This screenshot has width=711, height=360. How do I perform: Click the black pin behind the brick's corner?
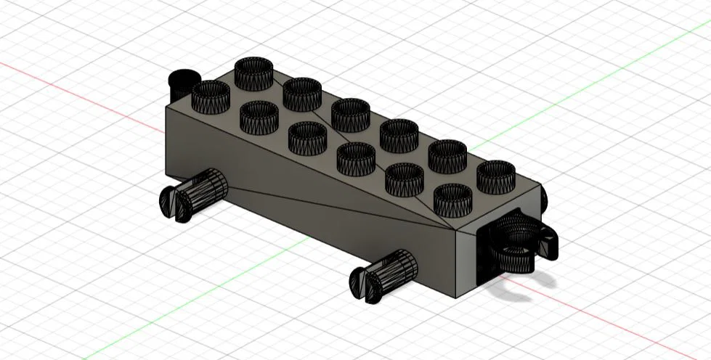[183, 82]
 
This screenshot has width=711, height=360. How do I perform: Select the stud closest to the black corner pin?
[211, 94]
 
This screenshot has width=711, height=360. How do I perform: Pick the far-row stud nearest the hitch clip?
[496, 176]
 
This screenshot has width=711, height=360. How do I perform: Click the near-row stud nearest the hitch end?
[453, 199]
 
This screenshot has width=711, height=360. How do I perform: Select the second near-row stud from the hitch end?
[405, 178]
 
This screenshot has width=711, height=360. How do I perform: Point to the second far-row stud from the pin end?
[302, 94]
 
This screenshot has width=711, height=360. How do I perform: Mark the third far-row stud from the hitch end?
[399, 135]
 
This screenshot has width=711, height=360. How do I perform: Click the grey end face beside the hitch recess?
[465, 261]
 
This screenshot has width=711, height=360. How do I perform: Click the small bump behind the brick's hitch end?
[543, 195]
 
